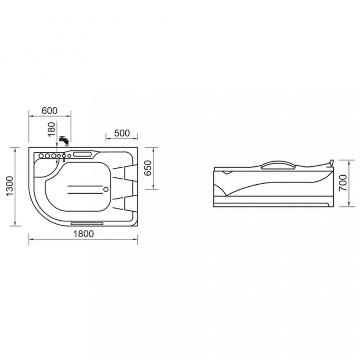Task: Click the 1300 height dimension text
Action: [x=10, y=186]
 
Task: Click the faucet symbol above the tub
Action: [x=64, y=141]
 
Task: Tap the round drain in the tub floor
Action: [x=106, y=189]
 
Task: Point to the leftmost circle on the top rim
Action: [x=41, y=156]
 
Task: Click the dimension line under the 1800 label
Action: [x=83, y=240]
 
